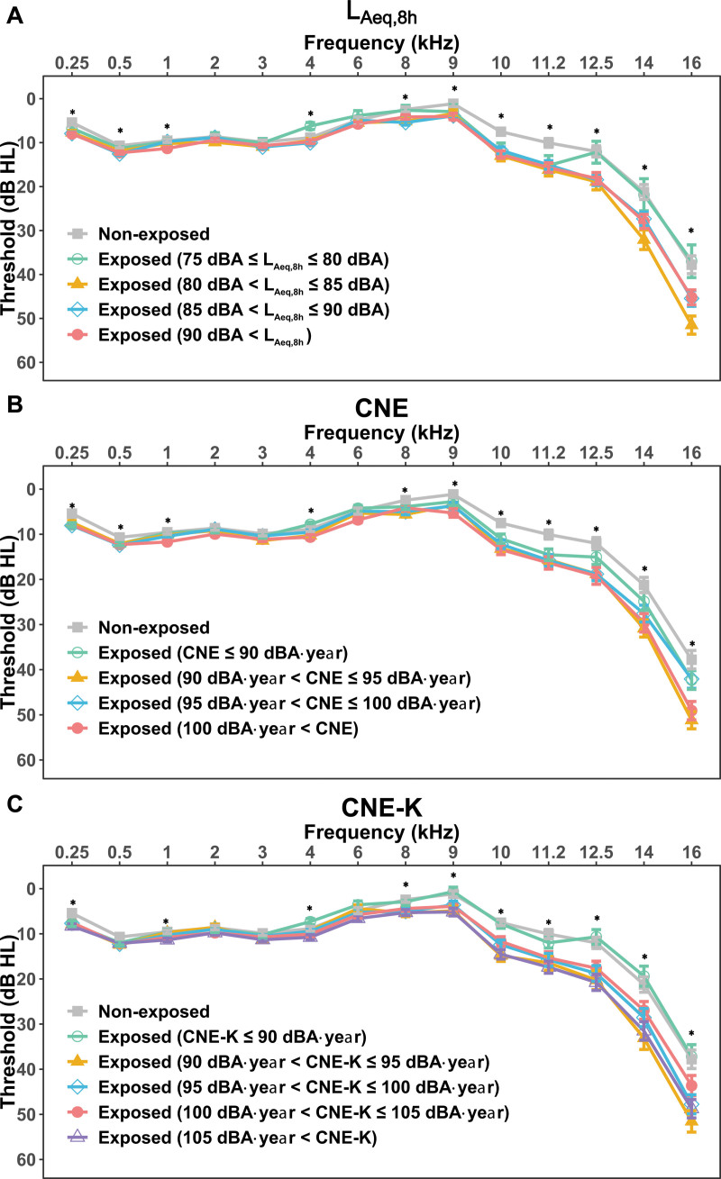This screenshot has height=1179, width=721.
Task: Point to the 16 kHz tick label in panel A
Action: point(691,64)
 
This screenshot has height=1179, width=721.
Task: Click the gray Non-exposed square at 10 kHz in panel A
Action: point(501,132)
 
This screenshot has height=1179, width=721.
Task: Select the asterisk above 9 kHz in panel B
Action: point(454,485)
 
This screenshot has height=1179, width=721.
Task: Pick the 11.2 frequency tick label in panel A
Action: point(548,64)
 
